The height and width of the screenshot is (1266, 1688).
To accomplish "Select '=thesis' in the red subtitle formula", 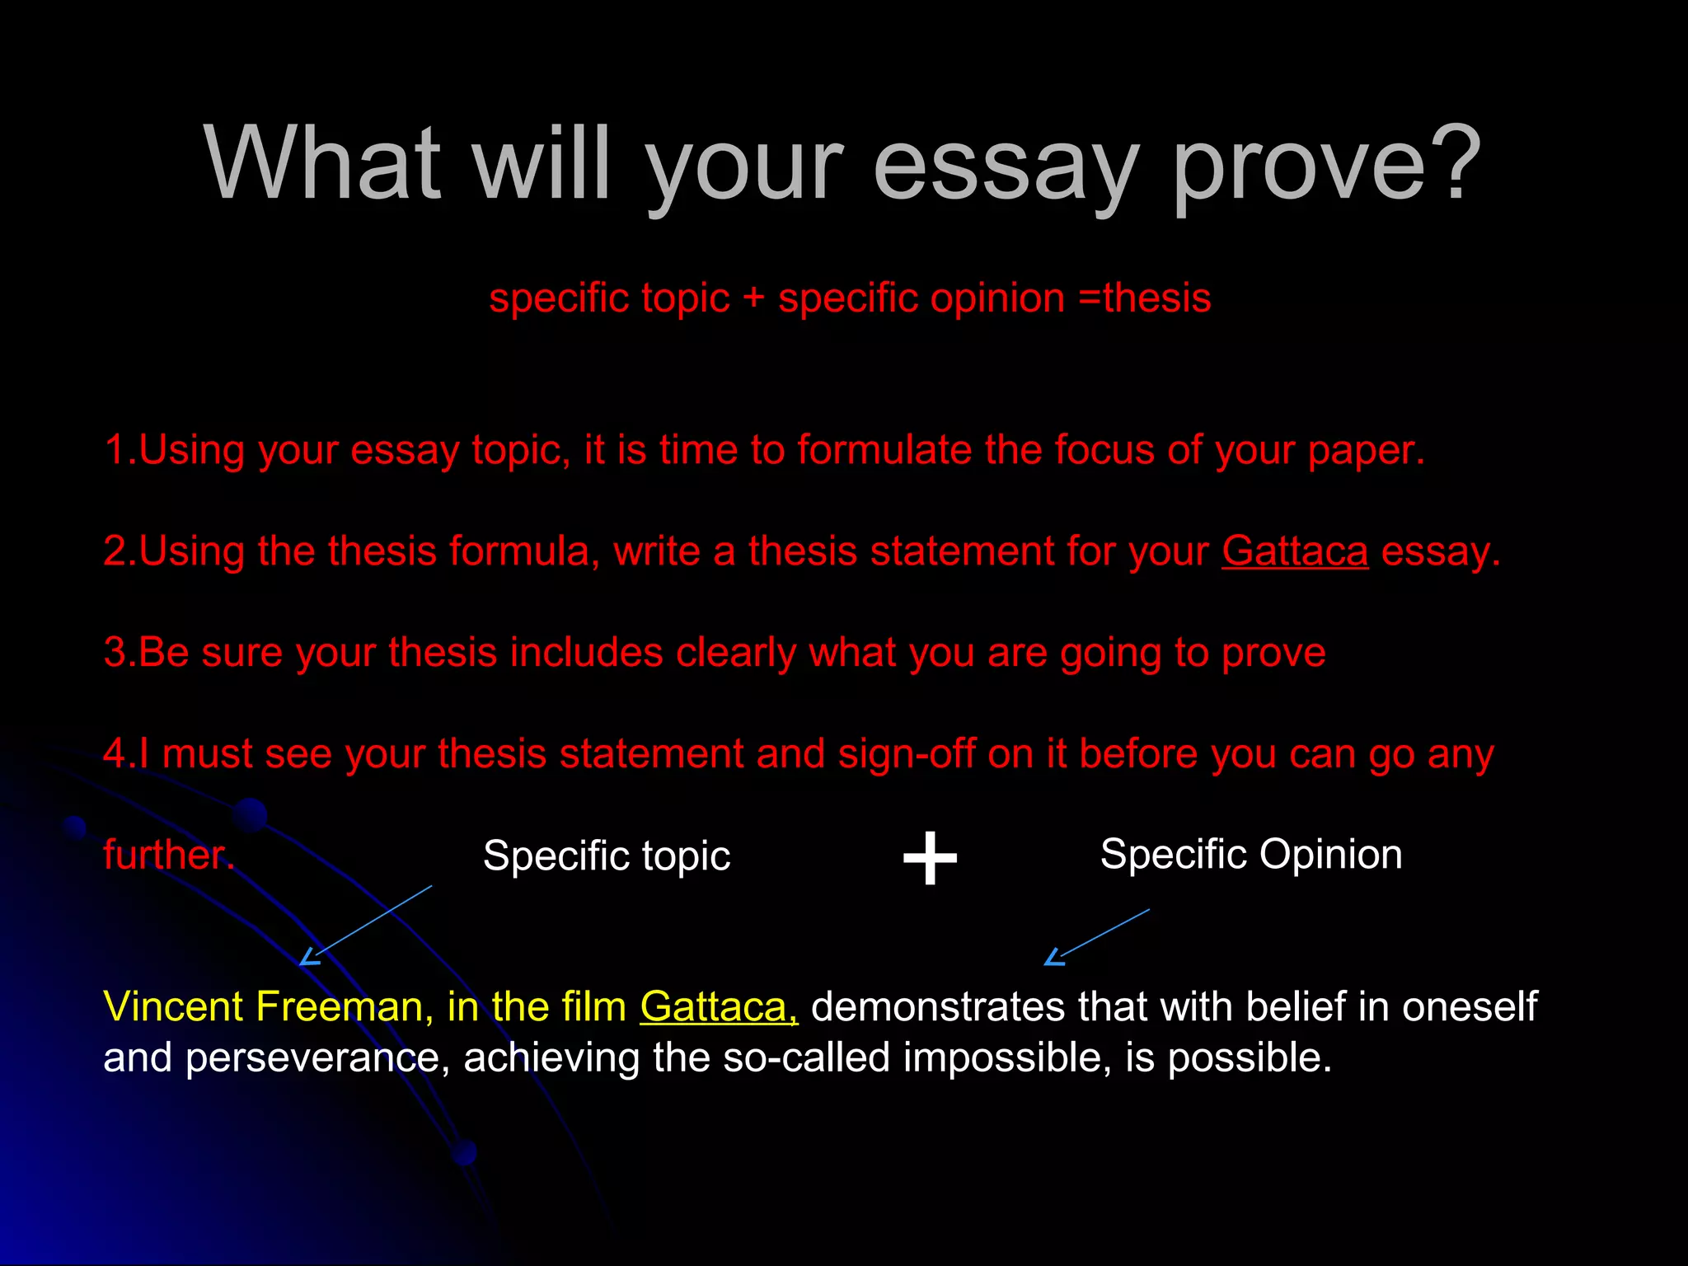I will (x=1145, y=298).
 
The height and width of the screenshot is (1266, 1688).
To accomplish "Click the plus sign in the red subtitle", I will (x=753, y=298).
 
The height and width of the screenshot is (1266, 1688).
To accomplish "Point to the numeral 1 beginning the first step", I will (x=115, y=450).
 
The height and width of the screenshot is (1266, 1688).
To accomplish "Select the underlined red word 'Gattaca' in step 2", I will (x=1294, y=551).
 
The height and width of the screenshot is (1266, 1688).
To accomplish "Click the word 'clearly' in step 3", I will (x=736, y=652).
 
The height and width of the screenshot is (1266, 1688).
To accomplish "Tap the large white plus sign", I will (x=930, y=858).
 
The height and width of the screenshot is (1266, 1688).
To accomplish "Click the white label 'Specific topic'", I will (x=607, y=856).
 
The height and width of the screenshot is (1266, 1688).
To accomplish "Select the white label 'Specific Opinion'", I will (x=1251, y=854).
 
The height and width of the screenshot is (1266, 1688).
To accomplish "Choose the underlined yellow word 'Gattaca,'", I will (x=719, y=1006).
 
